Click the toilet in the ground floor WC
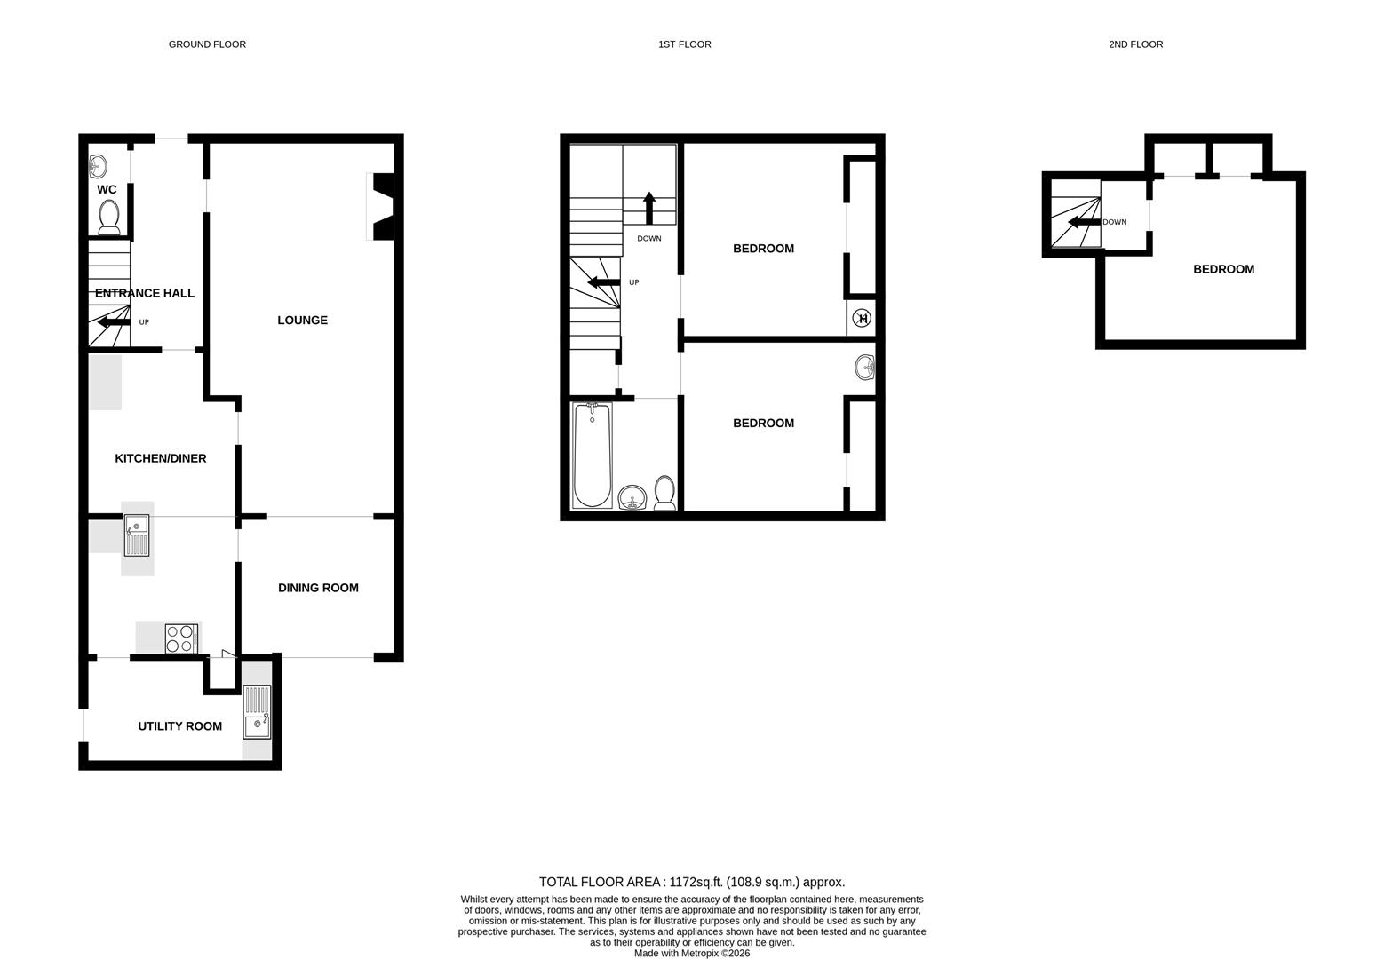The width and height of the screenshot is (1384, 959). pos(109,217)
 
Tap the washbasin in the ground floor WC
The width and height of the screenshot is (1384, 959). pos(98,165)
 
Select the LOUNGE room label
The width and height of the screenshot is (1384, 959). pos(302,321)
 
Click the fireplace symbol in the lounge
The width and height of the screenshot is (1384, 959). pos(383,206)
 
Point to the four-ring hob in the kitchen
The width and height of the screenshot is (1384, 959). pos(180,639)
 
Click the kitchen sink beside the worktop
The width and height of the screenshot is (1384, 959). pos(137,535)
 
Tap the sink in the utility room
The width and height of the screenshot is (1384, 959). pos(257,712)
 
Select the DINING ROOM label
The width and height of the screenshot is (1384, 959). pos(318,588)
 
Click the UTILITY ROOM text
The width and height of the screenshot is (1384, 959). pos(179,726)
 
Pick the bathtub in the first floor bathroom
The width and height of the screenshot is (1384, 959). pos(592,455)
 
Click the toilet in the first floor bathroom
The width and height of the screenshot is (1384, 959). pos(664,493)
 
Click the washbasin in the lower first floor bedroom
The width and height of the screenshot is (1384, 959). pos(866,366)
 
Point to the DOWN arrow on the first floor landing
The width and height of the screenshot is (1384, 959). pos(648,208)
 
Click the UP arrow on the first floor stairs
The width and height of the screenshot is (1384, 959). pos(604,282)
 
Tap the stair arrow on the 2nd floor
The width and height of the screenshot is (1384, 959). pos(1083,222)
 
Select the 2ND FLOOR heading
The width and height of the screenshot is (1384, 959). pos(1135,44)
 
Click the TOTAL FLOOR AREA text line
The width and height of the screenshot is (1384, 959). pos(691,882)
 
